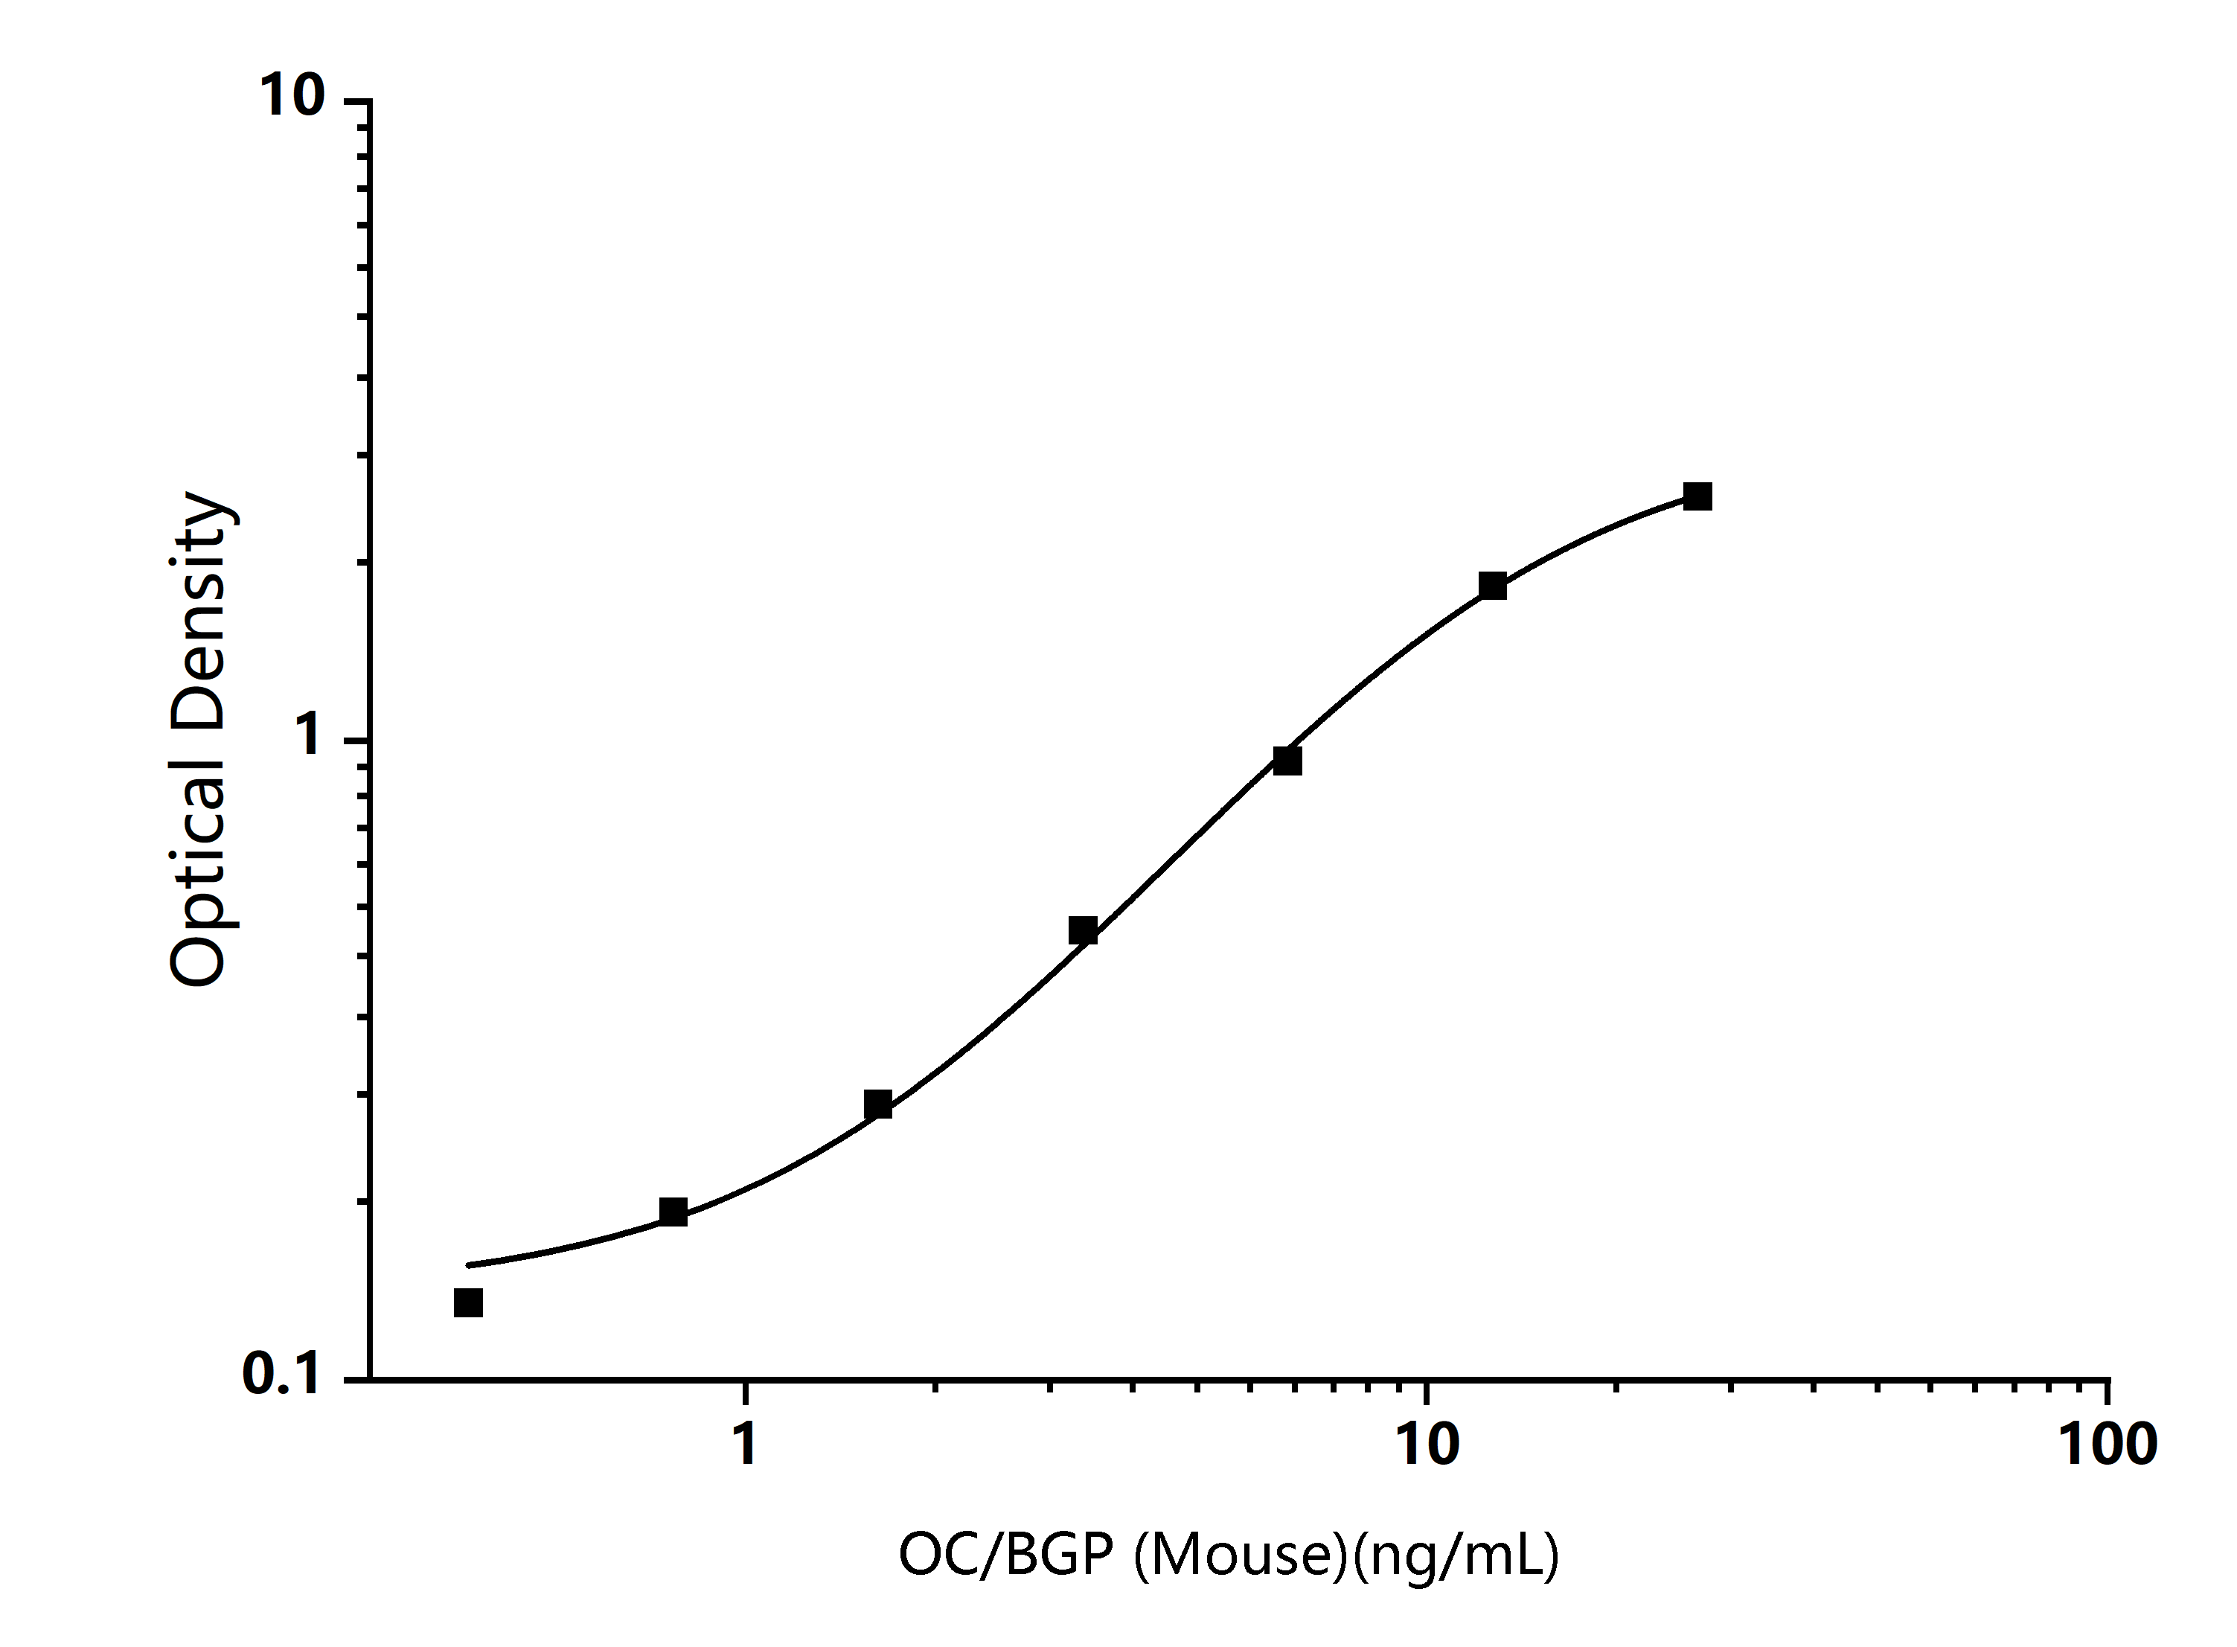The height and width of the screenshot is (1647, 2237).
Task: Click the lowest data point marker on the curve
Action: pos(467,1302)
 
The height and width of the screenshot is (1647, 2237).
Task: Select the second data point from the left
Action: pos(673,1212)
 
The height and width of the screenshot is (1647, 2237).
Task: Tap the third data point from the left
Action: pos(877,1104)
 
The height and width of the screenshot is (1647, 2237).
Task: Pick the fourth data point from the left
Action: pos(1083,930)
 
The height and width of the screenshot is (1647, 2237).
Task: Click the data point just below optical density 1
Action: pos(1287,761)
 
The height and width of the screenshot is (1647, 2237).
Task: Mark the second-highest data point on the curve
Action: pos(1492,585)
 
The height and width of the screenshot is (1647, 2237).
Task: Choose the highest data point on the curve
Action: pos(1697,496)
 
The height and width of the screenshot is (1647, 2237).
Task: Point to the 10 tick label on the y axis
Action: pos(292,97)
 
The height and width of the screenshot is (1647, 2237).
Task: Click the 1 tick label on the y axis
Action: pos(309,737)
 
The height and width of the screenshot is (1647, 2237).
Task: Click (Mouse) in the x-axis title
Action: pos(1241,1553)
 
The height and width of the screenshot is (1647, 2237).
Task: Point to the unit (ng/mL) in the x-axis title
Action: pos(1456,1553)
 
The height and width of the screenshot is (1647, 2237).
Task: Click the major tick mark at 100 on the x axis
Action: pos(2108,1392)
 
